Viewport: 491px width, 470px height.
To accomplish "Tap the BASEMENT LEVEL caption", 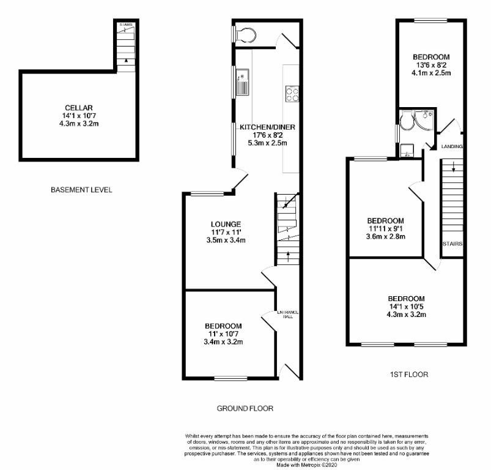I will [x=81, y=190].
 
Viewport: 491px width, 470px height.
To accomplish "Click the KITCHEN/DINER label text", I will [x=267, y=127].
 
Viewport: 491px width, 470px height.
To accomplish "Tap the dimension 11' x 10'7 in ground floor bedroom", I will [x=223, y=334].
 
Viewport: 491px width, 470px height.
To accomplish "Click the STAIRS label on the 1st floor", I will [x=452, y=244].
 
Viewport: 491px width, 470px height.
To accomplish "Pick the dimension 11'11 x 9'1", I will [x=385, y=229].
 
